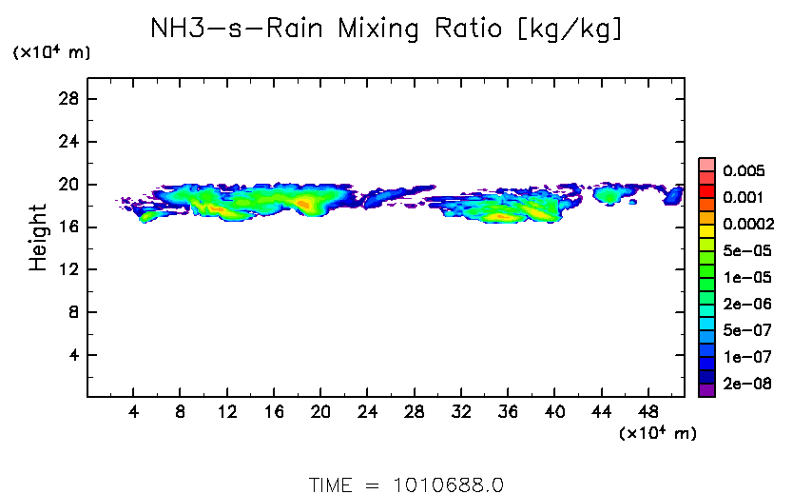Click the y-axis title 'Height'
(x=38, y=236)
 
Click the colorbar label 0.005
(x=743, y=171)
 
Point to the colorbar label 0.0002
(x=746, y=225)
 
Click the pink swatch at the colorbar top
(x=706, y=165)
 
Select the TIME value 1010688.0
(x=448, y=484)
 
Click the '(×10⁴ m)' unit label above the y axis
(x=51, y=53)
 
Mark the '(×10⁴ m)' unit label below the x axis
(x=658, y=434)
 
